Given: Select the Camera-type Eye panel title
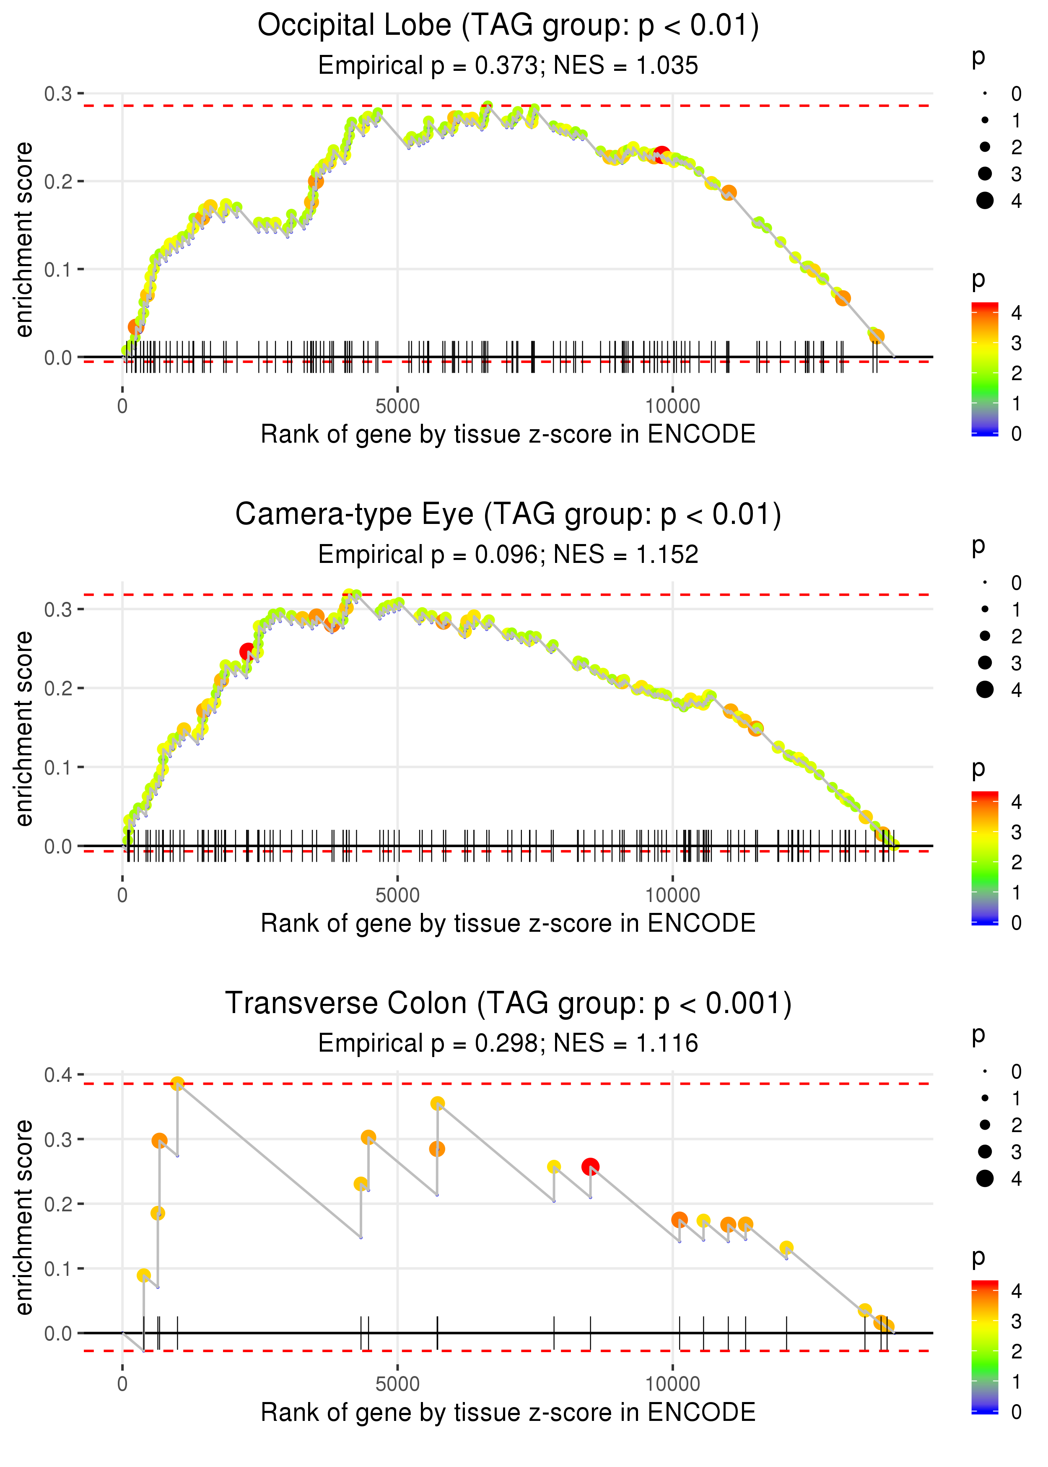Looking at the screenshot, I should [508, 515].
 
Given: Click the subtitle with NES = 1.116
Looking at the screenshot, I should [508, 1044].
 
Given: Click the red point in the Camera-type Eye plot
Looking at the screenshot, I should [247, 652].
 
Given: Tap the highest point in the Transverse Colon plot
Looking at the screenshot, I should [177, 1084].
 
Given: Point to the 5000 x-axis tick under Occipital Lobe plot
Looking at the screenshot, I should [397, 407].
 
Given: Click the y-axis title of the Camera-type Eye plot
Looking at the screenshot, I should [24, 728].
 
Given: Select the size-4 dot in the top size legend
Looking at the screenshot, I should [985, 201].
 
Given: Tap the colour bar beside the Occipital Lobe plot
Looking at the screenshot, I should [985, 369].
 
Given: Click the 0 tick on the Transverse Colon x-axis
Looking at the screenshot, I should [122, 1384].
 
